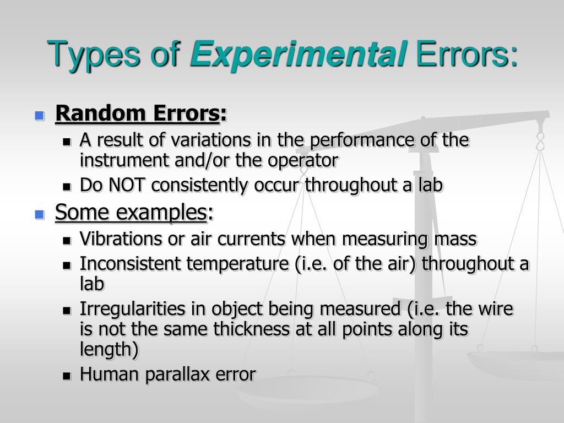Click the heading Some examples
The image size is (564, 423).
(x=131, y=211)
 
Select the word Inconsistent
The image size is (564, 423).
(x=131, y=264)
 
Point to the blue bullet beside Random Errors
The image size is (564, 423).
(x=39, y=116)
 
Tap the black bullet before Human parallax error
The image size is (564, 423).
(x=67, y=376)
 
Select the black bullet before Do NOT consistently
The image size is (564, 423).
(x=67, y=187)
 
